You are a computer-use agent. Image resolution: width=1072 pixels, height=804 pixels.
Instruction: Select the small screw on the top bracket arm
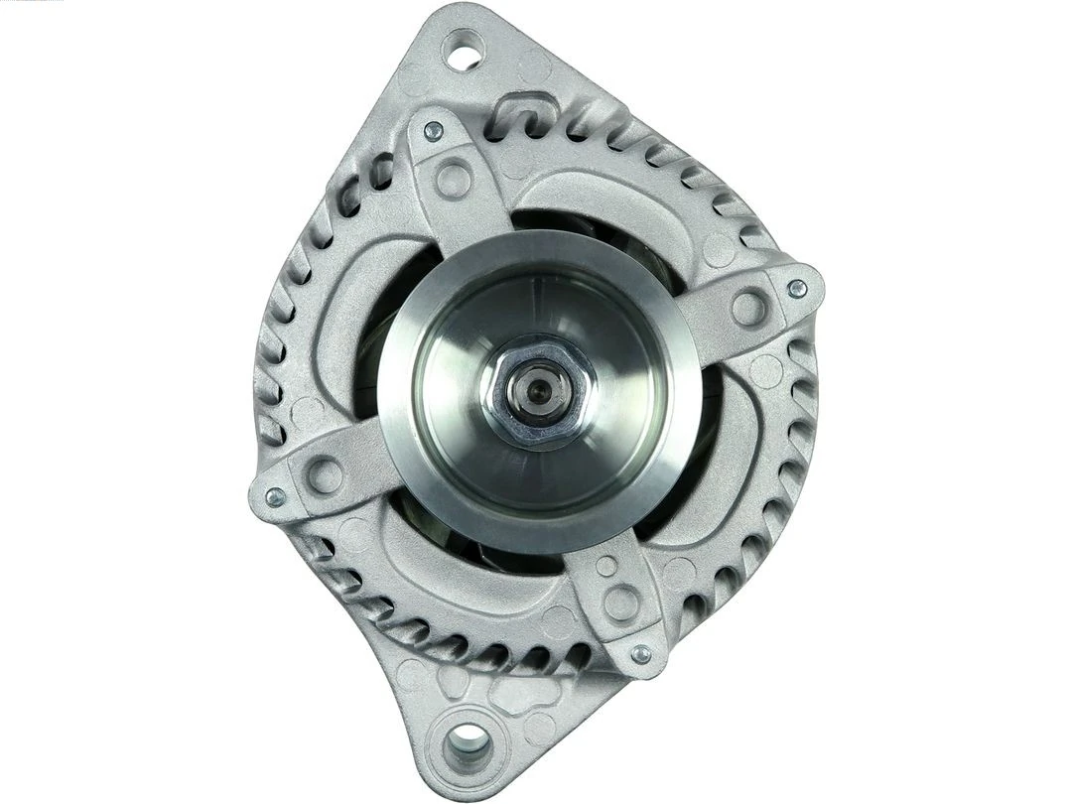433,130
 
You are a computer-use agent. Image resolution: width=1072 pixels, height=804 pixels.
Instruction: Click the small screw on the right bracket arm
795,289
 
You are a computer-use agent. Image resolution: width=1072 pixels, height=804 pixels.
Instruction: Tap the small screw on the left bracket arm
275,496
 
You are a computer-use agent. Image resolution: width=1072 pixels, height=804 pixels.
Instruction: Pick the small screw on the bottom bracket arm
641,654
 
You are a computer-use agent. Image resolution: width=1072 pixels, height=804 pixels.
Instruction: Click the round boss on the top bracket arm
454,180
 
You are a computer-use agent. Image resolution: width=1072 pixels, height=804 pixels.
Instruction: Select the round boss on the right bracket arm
749,308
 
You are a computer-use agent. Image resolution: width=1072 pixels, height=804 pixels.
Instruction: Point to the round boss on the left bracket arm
325,475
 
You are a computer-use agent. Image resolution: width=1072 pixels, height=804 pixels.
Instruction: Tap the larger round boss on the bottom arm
622,602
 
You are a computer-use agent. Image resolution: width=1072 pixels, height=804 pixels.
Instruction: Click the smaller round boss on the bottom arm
605,567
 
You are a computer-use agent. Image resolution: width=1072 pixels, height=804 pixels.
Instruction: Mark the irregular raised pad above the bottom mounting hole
496,691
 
